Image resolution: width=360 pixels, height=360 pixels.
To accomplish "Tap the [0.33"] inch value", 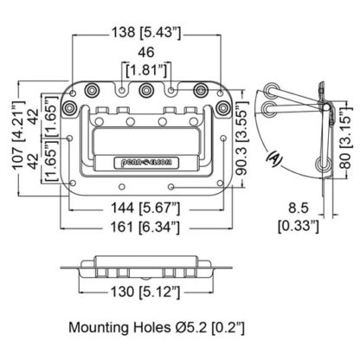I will tap(299, 226).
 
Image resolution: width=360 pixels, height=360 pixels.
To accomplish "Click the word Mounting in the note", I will tap(104, 329).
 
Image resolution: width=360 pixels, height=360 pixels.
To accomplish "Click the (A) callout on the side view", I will tap(274, 158).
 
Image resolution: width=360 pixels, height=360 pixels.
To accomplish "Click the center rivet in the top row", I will tap(147, 90).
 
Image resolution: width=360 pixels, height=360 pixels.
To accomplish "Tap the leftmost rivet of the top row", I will tap(91, 89).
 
